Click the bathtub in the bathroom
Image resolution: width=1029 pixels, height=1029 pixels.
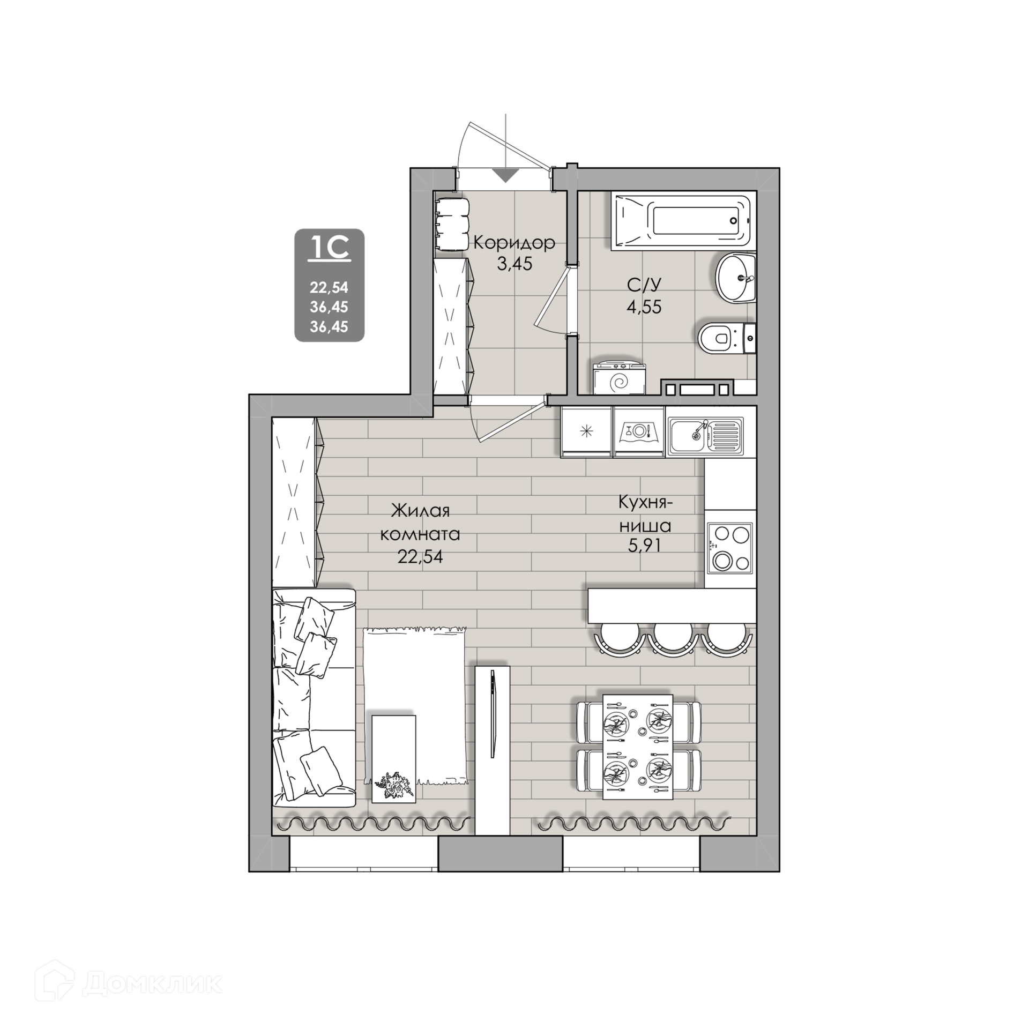[x=683, y=221]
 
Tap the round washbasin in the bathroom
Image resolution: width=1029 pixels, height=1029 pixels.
[x=736, y=278]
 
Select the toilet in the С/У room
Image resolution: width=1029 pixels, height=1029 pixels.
[x=727, y=338]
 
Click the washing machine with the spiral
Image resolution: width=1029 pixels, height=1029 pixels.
[x=620, y=378]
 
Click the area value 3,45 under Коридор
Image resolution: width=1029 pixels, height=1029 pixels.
[x=514, y=264]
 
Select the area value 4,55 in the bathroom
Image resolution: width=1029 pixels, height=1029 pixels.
[x=644, y=307]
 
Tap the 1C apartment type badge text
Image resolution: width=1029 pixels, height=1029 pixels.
[x=329, y=248]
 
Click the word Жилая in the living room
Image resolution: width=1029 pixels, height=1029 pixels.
[x=420, y=511]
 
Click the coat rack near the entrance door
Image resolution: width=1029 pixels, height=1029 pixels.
[x=452, y=225]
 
